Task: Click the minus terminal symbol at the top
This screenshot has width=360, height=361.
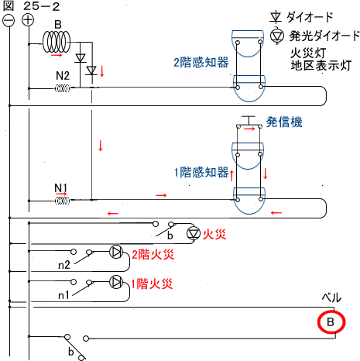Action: click(x=9, y=20)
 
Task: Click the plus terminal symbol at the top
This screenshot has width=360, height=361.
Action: click(x=28, y=20)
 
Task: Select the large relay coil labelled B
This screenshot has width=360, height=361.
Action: click(x=57, y=42)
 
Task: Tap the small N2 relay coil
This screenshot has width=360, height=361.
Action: click(x=62, y=88)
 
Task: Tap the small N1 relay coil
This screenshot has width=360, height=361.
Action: click(x=62, y=201)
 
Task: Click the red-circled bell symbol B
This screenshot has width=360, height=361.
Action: click(x=331, y=322)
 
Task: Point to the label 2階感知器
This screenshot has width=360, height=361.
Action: click(x=201, y=63)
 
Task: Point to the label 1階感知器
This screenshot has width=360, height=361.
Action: click(x=201, y=172)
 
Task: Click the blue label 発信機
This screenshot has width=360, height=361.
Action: click(x=284, y=122)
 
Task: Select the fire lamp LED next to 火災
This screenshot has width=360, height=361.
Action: click(x=194, y=233)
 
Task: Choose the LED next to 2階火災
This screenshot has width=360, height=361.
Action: click(x=116, y=252)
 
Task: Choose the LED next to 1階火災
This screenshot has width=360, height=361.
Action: click(x=116, y=282)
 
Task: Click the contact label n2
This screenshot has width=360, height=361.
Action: click(x=64, y=265)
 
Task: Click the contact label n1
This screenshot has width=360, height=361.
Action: click(x=63, y=294)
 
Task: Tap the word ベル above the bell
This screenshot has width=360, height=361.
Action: click(x=331, y=297)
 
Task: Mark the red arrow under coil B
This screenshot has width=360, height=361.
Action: click(x=57, y=55)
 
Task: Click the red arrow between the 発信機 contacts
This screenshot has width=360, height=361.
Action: click(x=249, y=129)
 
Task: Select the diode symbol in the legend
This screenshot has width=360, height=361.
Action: click(x=276, y=17)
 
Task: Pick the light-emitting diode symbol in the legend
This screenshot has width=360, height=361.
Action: click(x=277, y=36)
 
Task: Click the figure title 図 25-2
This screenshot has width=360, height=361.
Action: click(x=31, y=6)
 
